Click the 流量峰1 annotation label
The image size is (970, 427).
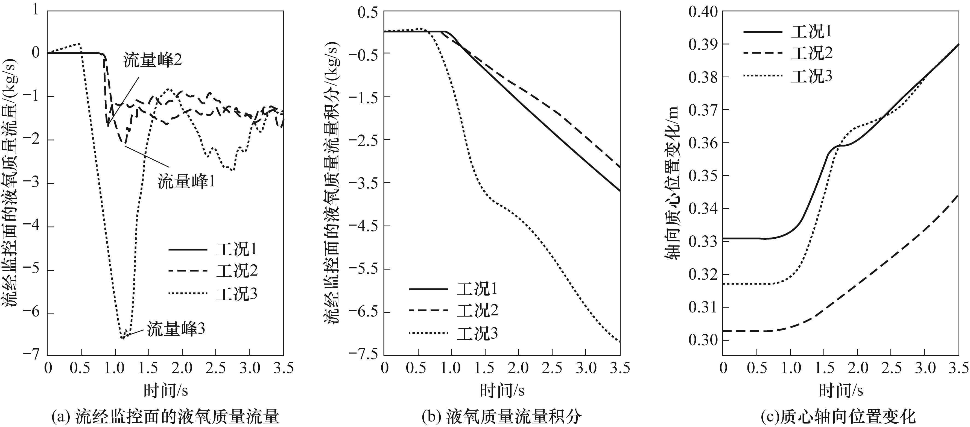186,182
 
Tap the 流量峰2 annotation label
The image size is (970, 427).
153,60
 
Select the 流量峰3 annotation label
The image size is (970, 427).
176,329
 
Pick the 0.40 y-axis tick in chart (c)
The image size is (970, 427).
703,12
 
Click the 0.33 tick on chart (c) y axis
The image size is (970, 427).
703,241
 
